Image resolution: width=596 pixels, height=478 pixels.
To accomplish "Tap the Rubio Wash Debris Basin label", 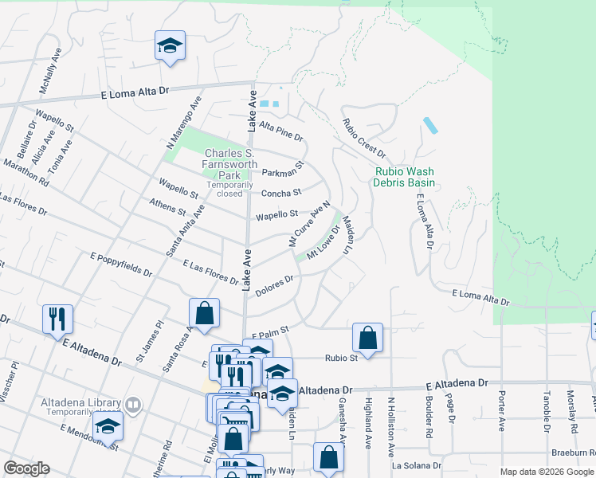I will pos(404,177).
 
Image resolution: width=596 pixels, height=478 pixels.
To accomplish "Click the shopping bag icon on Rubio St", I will pos(367,338).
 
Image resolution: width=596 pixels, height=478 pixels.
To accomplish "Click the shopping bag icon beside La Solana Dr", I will pos(328,457).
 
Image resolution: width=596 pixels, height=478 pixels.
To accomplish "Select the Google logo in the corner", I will pos(26,468).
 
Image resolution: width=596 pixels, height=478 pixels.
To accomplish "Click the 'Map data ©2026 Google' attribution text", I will pos(547,471).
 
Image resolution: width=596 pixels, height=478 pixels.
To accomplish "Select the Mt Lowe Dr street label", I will pos(323,241).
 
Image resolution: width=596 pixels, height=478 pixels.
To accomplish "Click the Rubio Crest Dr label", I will pos(363,138).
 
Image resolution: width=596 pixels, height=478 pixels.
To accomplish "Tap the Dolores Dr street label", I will pos(275,286).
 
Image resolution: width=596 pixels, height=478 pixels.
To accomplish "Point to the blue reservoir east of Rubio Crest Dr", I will pos(430,126).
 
